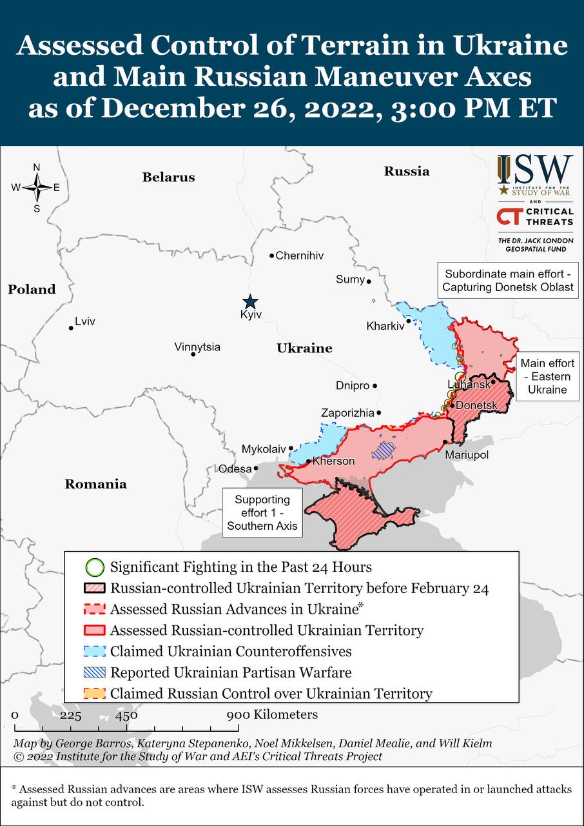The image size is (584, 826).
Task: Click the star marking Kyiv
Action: [249, 301]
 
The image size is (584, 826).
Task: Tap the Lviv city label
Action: [85, 321]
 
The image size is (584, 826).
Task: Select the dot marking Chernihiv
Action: [272, 256]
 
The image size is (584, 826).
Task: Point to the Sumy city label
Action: [350, 279]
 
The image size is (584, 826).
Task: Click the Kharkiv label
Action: [385, 326]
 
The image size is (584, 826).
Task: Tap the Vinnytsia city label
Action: [197, 347]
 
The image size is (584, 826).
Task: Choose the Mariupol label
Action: [467, 455]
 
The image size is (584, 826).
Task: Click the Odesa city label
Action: [235, 469]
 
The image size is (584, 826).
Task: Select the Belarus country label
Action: [168, 177]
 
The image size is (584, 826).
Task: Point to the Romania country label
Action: [95, 485]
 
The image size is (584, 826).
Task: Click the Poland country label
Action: [32, 290]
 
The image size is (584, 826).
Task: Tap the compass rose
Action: [37, 188]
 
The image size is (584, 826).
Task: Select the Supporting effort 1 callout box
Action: [262, 513]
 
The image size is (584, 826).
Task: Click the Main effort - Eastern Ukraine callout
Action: [547, 377]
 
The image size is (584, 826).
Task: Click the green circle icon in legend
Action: [95, 568]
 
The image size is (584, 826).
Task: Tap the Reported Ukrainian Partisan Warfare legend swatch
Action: [95, 672]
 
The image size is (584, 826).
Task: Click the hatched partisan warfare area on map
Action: [384, 450]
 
